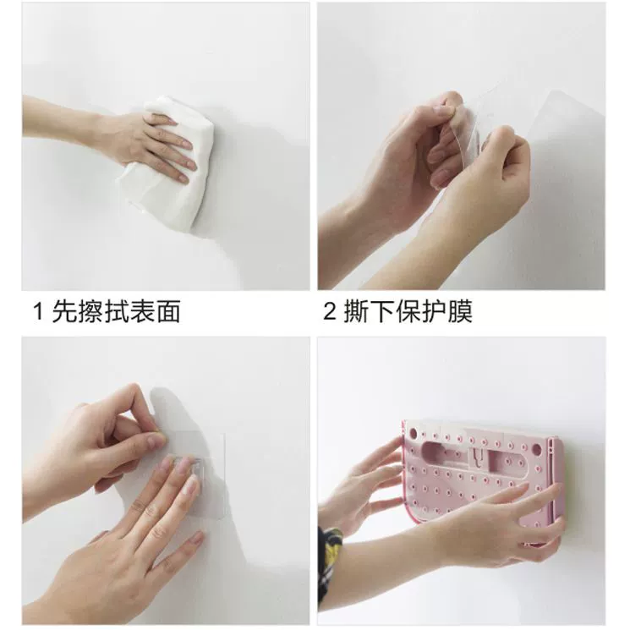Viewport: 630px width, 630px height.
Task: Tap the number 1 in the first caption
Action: (x=38, y=311)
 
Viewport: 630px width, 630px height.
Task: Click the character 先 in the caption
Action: (x=63, y=311)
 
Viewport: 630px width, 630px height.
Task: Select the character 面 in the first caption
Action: (x=167, y=311)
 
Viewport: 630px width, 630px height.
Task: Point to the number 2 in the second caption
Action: (x=330, y=311)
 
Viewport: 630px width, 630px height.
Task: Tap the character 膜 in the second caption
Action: (x=460, y=311)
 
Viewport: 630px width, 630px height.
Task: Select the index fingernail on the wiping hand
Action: (x=187, y=144)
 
